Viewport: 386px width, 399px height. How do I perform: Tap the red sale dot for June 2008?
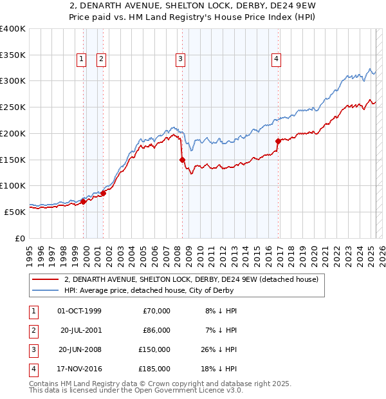tap(182, 160)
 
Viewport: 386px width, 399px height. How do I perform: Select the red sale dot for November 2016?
tap(278, 141)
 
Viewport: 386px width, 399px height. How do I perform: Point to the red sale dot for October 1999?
tap(83, 201)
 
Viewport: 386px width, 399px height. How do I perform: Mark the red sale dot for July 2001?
tap(104, 193)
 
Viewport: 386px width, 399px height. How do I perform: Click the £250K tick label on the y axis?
tap(13, 107)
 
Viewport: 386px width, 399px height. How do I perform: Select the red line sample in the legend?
tap(46, 280)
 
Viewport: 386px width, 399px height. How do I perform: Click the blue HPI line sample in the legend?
tap(46, 291)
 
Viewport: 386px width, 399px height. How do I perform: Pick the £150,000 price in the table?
tap(154, 349)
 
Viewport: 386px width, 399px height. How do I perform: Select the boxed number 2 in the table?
tap(33, 330)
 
